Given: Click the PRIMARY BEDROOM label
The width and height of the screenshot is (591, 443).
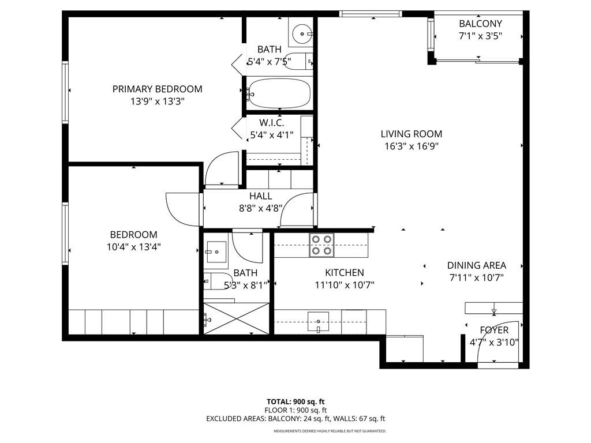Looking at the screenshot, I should point(157,89).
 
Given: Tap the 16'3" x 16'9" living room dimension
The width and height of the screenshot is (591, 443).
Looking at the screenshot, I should point(412,146).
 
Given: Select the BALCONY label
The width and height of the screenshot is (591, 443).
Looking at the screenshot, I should point(480,24).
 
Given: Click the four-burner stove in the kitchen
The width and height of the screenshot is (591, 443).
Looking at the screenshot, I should point(321,245).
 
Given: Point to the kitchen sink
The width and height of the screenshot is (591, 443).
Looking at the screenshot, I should point(318,321).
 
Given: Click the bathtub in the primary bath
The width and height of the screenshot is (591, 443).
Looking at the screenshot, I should point(279,93).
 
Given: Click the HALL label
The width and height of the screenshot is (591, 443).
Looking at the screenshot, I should point(260,196).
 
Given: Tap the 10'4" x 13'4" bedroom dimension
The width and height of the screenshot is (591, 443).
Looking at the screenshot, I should point(133,247).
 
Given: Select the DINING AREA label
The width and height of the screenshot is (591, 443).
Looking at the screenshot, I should point(477,265).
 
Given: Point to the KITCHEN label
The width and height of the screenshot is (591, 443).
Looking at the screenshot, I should point(345,272).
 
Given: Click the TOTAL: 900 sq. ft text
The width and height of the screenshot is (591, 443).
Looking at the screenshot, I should point(299,401).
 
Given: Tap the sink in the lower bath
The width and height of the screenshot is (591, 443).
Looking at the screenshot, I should point(218,249).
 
